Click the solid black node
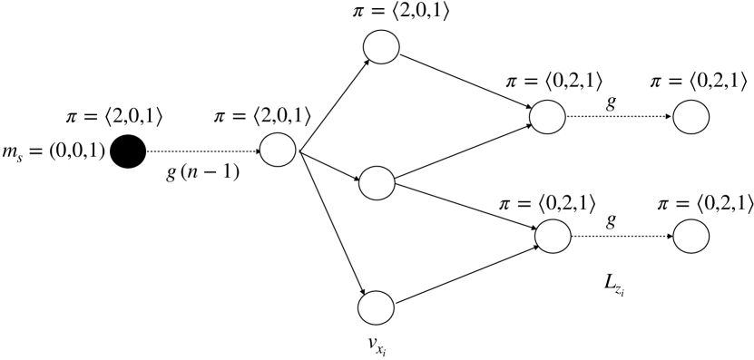(129, 151)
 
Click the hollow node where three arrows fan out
(279, 151)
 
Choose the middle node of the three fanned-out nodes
(377, 182)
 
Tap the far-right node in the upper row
(691, 118)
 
